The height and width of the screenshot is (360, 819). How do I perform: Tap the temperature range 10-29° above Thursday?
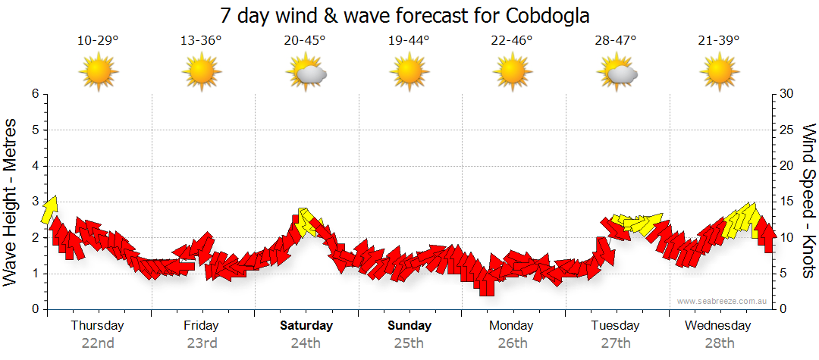click(x=98, y=40)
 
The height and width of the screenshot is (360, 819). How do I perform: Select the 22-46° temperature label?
click(x=512, y=40)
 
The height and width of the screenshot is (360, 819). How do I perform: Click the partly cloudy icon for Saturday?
click(x=306, y=73)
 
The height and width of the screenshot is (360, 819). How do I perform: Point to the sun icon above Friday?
click(x=202, y=73)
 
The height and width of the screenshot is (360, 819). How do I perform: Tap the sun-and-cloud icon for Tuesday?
click(x=616, y=73)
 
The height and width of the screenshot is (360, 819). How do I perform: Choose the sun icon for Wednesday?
click(x=719, y=73)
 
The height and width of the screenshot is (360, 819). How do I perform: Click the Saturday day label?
click(x=306, y=326)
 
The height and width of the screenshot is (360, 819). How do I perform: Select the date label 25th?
click(x=409, y=343)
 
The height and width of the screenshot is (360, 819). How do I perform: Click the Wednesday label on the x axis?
click(x=717, y=326)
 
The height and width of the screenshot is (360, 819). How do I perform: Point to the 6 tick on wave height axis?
click(x=35, y=94)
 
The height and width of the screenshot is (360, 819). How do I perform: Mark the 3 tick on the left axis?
click(x=35, y=202)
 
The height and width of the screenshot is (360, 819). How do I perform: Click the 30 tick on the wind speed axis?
click(x=787, y=94)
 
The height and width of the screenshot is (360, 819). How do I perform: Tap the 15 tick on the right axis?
click(x=787, y=202)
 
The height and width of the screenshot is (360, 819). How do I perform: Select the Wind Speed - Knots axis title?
click(x=808, y=201)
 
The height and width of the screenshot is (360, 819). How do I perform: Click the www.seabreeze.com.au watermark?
click(x=723, y=301)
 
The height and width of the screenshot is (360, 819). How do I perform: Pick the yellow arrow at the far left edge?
click(x=49, y=208)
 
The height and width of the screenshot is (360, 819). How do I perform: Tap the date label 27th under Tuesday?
click(x=616, y=343)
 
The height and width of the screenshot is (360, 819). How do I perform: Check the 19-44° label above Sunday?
click(x=409, y=40)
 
